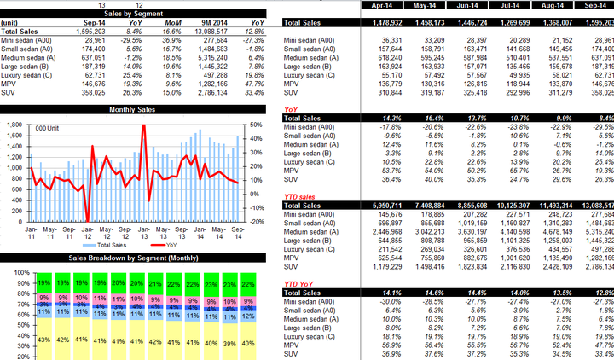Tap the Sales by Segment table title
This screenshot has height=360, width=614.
[x=140, y=13]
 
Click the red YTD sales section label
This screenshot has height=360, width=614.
[x=298, y=197]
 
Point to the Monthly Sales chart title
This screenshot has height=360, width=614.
[x=140, y=111]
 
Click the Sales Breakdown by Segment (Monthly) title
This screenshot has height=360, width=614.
[x=140, y=257]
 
